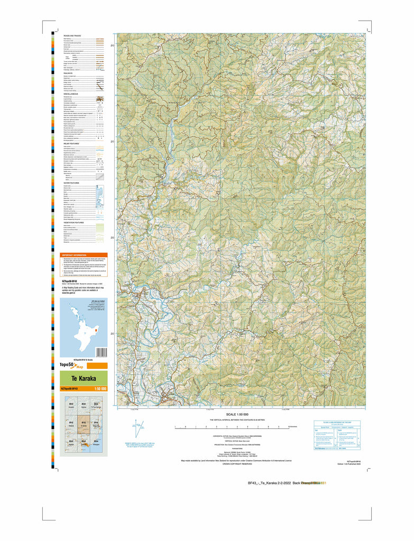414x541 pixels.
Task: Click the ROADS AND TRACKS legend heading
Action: click(72, 35)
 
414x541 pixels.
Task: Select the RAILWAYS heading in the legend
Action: click(68, 73)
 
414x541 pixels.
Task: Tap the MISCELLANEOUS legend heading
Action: click(71, 94)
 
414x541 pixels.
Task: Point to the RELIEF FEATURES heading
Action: click(71, 143)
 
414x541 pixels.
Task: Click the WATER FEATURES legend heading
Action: click(71, 183)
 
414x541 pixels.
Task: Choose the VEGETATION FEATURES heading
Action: click(74, 222)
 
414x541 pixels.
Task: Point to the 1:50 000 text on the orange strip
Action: click(100, 389)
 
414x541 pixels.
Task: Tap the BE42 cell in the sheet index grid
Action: click(71, 406)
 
